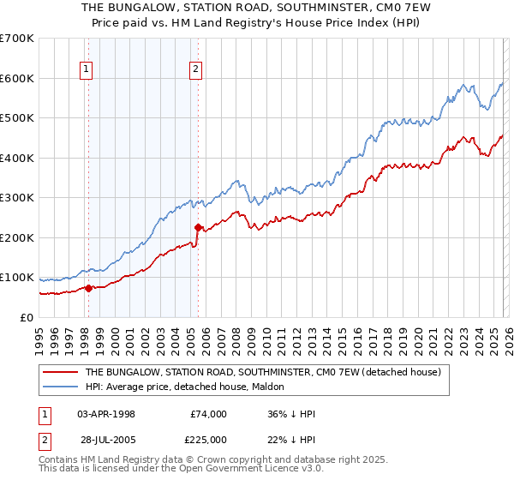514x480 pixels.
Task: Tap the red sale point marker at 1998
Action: pyautogui.click(x=88, y=288)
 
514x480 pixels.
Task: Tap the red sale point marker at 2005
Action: pyautogui.click(x=199, y=228)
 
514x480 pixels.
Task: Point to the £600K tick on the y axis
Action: pyautogui.click(x=16, y=78)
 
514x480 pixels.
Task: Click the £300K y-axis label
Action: pyautogui.click(x=16, y=198)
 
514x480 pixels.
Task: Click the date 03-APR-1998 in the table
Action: pyautogui.click(x=106, y=414)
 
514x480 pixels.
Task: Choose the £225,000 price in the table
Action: pyautogui.click(x=208, y=440)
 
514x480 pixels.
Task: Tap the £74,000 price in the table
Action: pyautogui.click(x=208, y=414)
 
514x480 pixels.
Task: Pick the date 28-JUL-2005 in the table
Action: pyautogui.click(x=106, y=440)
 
